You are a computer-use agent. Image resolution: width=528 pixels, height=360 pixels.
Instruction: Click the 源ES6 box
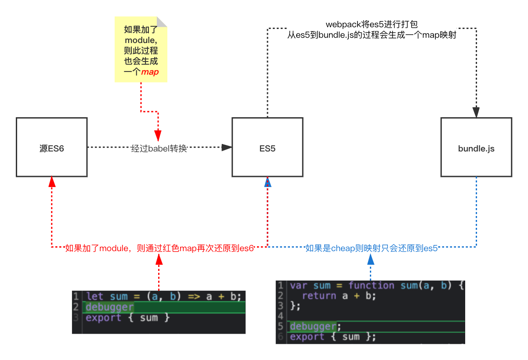point(52,147)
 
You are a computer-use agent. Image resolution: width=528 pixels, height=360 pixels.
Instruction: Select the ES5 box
point(268,147)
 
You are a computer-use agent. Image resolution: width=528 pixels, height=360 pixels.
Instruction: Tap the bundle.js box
point(476,147)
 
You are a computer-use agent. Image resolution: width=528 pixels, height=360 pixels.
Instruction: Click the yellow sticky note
point(141,50)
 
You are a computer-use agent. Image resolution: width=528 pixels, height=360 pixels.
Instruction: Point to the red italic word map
point(150,72)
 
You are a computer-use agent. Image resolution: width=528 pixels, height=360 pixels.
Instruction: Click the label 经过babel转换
point(159,148)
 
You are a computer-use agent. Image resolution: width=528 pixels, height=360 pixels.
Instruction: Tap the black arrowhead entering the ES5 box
point(227,148)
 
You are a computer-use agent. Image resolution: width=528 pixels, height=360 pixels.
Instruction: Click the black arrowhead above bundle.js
point(476,112)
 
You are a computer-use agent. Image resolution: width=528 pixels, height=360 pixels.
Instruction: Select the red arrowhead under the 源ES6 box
point(52,182)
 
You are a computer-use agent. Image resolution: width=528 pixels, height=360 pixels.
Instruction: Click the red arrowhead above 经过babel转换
point(158,136)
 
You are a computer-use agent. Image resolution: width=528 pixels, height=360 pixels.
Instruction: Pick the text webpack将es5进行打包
point(372,24)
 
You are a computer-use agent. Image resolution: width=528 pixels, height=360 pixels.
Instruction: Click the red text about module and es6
point(159,248)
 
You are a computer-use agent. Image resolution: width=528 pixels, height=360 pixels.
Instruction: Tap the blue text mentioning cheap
point(372,248)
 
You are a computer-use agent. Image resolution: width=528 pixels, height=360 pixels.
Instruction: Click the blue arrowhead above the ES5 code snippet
point(371,260)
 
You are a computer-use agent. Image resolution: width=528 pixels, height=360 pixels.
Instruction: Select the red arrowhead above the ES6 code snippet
point(159,259)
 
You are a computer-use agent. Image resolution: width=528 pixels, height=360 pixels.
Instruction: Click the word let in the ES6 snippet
point(94,296)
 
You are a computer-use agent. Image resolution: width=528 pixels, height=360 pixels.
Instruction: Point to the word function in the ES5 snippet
point(371,285)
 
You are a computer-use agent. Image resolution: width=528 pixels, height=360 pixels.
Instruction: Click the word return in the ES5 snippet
point(319,295)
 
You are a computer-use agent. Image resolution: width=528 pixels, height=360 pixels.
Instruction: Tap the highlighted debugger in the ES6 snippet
point(110,307)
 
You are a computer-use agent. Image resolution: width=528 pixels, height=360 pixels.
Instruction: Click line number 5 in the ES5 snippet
point(281,326)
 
